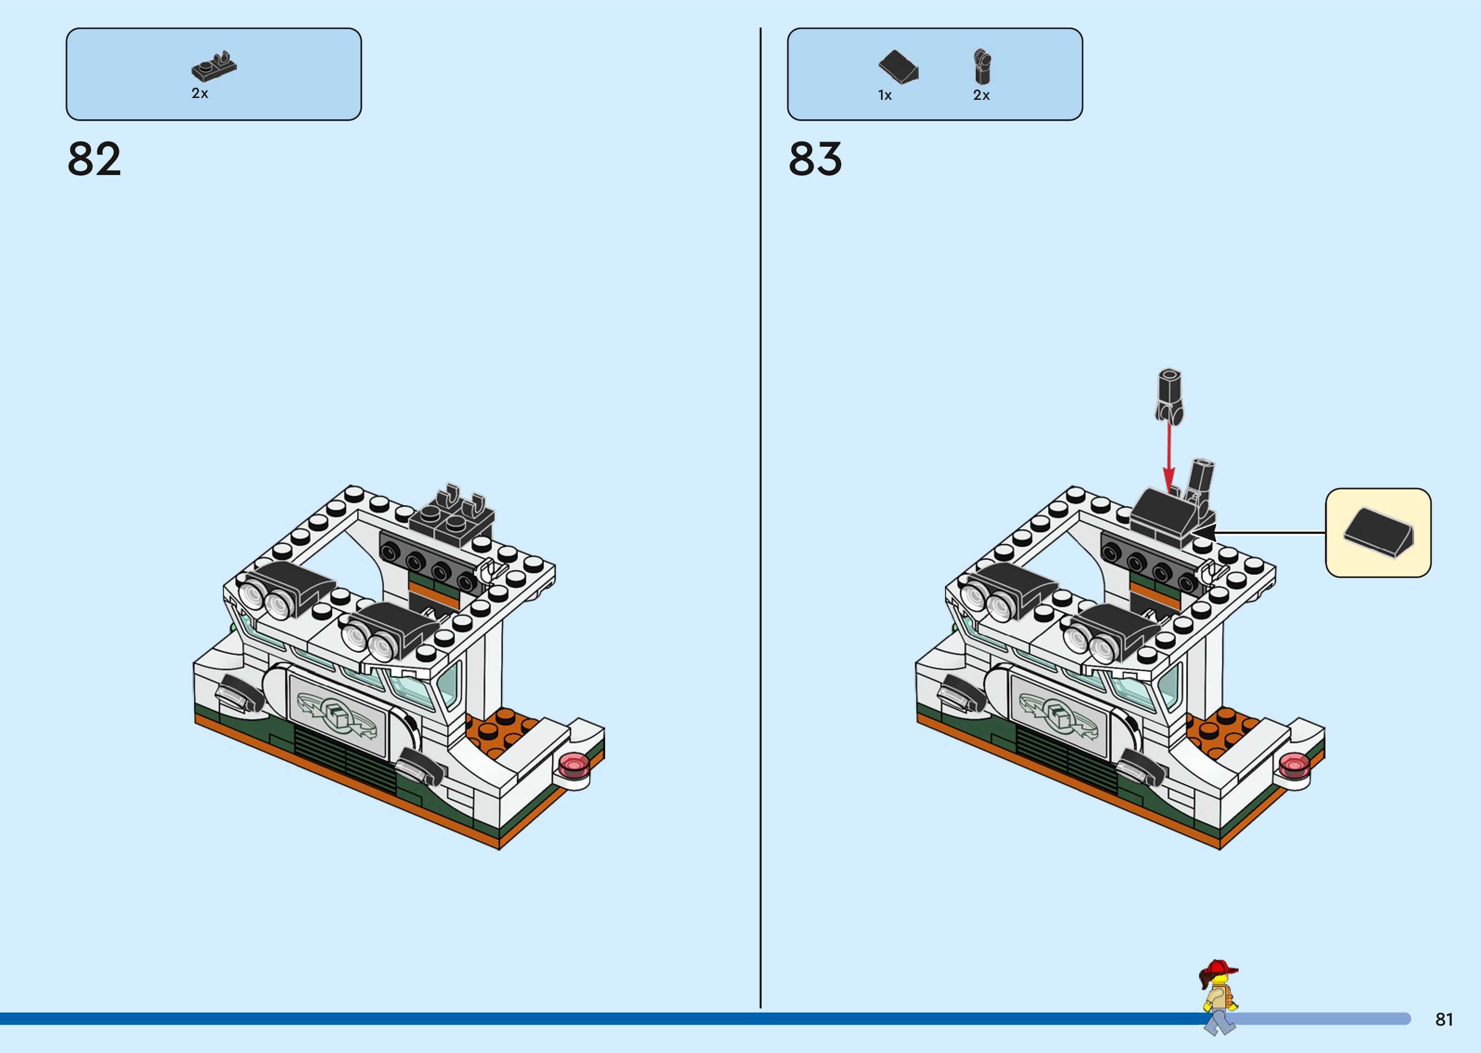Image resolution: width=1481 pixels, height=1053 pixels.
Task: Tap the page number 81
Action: pyautogui.click(x=1444, y=1019)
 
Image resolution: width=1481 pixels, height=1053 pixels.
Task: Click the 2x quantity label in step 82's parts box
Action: pyautogui.click(x=200, y=93)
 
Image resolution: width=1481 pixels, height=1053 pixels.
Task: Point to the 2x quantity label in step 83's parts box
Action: pyautogui.click(x=981, y=95)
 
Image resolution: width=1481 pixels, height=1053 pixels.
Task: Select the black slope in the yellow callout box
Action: pyautogui.click(x=1378, y=533)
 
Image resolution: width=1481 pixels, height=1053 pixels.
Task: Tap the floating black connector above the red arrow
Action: pyautogui.click(x=1169, y=396)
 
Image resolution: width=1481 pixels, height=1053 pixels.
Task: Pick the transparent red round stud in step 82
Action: pyautogui.click(x=573, y=766)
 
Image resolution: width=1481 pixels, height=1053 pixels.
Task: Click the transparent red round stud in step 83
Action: pyautogui.click(x=1293, y=766)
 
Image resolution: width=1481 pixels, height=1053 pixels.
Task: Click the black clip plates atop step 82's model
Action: pyautogui.click(x=454, y=512)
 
